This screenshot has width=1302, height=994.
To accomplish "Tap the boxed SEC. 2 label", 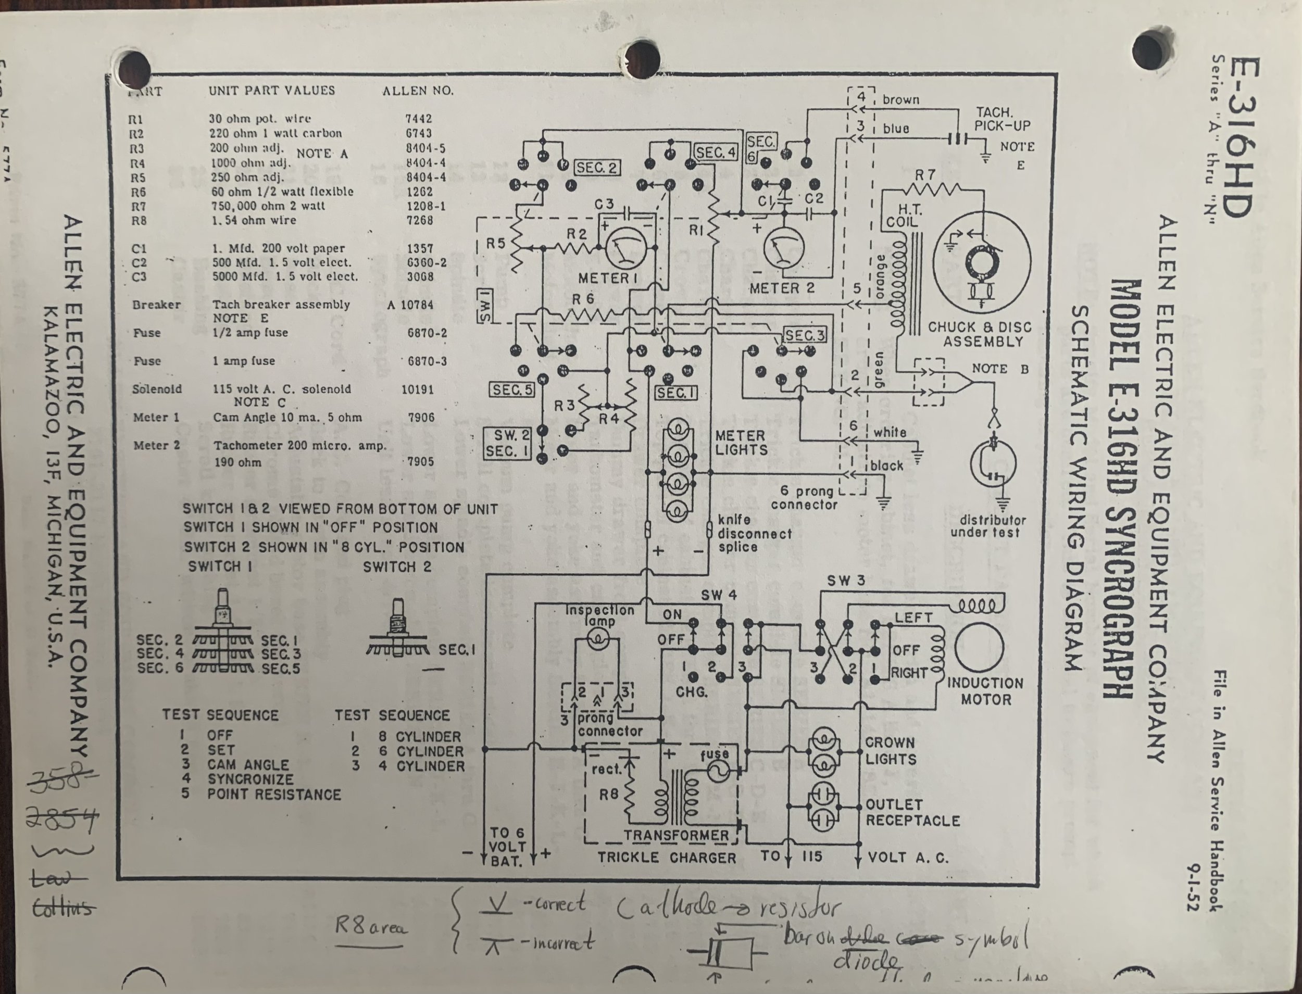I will coord(596,168).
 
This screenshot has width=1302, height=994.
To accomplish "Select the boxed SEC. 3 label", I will coord(805,335).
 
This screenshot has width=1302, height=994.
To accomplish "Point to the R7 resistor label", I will coord(925,175).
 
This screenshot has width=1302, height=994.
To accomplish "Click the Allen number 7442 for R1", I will coord(418,119).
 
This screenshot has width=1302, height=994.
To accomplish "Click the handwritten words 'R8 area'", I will coord(372,926).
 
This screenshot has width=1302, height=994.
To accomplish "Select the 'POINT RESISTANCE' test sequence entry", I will coord(274,795).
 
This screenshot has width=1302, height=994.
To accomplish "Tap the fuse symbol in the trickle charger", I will coord(717,771).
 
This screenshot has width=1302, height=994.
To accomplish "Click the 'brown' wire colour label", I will coord(901,99).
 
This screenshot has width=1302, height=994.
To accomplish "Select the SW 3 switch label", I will coord(846,581).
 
